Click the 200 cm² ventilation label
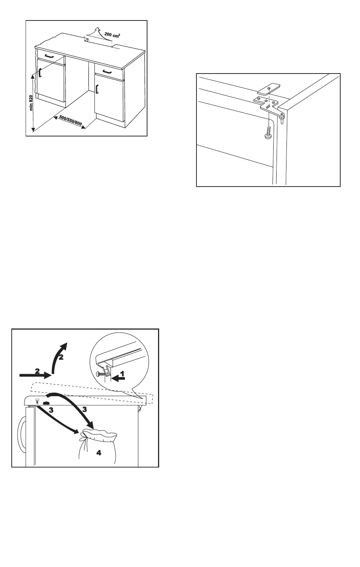[x=112, y=35]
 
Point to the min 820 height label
[x=31, y=103]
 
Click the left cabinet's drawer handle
[x=49, y=56]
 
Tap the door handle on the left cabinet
[x=40, y=72]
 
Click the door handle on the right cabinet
[x=97, y=89]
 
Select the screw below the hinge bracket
[x=267, y=133]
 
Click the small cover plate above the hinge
[x=269, y=88]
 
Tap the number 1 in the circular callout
[x=122, y=373]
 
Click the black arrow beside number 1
[x=119, y=379]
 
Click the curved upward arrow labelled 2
[x=59, y=357]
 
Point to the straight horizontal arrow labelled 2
[x=35, y=375]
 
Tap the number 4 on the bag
[x=99, y=453]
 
